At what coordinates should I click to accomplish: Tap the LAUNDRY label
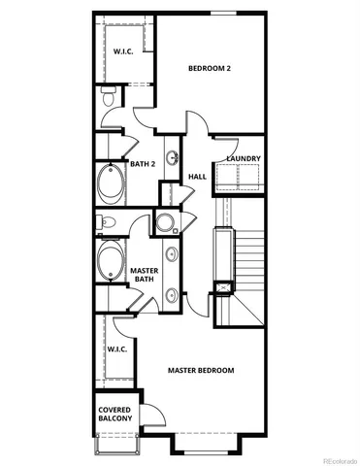pyautogui.click(x=242, y=158)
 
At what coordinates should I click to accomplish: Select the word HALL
pyautogui.click(x=197, y=177)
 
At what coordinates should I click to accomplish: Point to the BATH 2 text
pyautogui.click(x=143, y=164)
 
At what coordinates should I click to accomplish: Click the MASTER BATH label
pyautogui.click(x=145, y=275)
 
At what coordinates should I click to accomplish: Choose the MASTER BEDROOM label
pyautogui.click(x=201, y=371)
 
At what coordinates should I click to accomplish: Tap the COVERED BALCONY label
pyautogui.click(x=115, y=415)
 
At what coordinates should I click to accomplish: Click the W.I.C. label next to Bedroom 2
pyautogui.click(x=123, y=50)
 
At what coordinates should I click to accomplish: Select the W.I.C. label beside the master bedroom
pyautogui.click(x=116, y=349)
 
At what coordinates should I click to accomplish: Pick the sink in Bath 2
pyautogui.click(x=173, y=156)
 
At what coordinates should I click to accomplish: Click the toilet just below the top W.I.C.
pyautogui.click(x=109, y=97)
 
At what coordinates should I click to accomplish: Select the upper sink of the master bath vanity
pyautogui.click(x=173, y=255)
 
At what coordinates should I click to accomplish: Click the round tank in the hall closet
pyautogui.click(x=165, y=222)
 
